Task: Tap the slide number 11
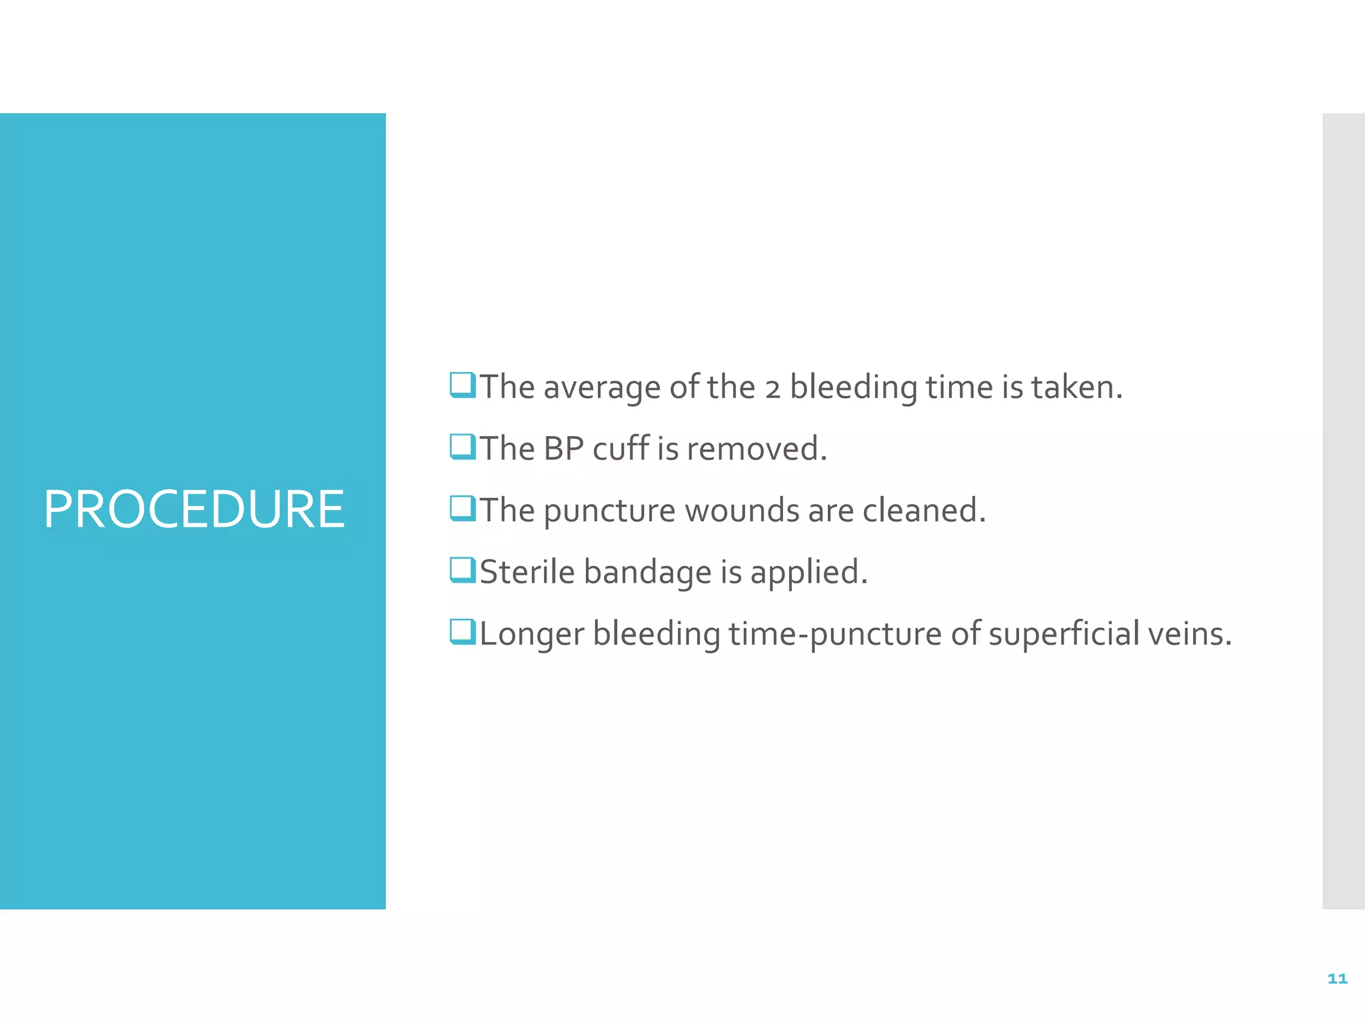coord(1337,979)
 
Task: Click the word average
coord(602,387)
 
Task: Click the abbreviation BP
coord(563,449)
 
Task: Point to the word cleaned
coord(924,511)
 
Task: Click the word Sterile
coord(527,572)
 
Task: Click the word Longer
coord(531,635)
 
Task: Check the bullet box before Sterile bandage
coord(463,570)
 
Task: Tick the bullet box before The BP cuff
coord(463,447)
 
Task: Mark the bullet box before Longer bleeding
coord(463,631)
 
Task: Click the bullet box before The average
coord(463,385)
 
